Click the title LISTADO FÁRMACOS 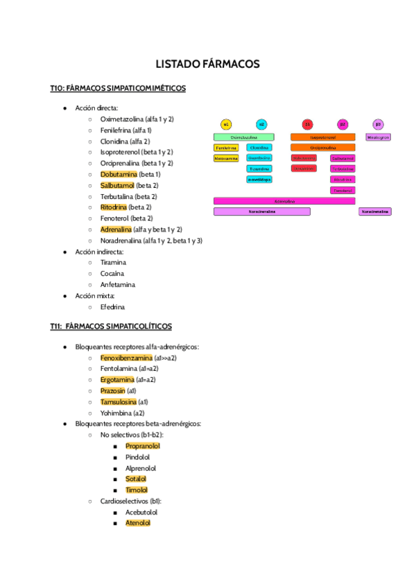coord(208,64)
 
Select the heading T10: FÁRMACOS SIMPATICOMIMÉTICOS coord(117,88)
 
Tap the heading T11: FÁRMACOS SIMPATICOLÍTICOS coord(111,326)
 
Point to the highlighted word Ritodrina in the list coord(114,207)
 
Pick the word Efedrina coord(113,306)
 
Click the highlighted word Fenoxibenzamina coord(126,358)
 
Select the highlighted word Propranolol coord(143,446)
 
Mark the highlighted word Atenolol coord(138,523)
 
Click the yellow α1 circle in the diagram coord(226,125)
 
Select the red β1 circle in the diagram coord(307,125)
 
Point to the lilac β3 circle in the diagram coord(378,125)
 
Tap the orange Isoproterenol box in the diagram coord(322,137)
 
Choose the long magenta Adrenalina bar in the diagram coord(284,201)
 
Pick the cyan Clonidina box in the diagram coord(259,148)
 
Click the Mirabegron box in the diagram coord(379,137)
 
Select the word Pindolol coord(137,457)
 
